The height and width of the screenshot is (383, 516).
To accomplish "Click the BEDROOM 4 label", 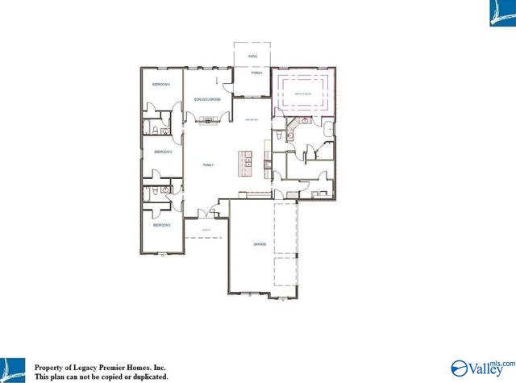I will coord(162,85).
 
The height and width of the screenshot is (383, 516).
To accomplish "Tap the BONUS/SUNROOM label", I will coord(208,100).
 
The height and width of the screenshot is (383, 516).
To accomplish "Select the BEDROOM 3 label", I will coord(164,151).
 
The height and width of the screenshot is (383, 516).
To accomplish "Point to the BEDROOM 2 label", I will coord(163,225).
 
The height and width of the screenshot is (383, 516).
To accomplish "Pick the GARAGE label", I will coord(260,244).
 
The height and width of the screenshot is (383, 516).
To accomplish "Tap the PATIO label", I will coord(252,57).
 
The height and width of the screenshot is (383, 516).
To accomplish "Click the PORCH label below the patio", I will coord(256,73).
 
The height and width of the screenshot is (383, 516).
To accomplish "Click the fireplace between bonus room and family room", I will coord(208,120).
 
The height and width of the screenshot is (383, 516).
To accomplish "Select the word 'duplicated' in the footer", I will coord(144,376).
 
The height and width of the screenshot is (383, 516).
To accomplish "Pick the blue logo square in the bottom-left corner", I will coord(13,368).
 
